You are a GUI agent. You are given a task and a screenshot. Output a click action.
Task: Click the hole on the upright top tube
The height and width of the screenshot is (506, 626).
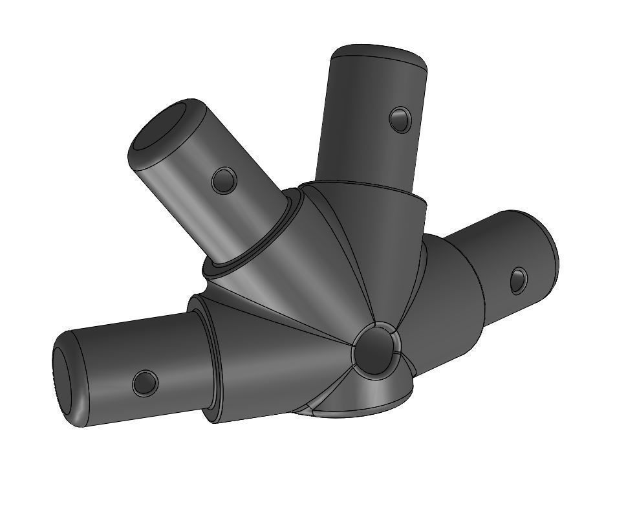(400, 119)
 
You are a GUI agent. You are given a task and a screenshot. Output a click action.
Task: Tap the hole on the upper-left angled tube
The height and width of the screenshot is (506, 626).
(224, 179)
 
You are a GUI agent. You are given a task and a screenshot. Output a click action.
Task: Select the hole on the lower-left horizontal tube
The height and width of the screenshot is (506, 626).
(145, 383)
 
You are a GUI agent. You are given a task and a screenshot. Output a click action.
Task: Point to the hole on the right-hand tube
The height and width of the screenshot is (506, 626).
(518, 280)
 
